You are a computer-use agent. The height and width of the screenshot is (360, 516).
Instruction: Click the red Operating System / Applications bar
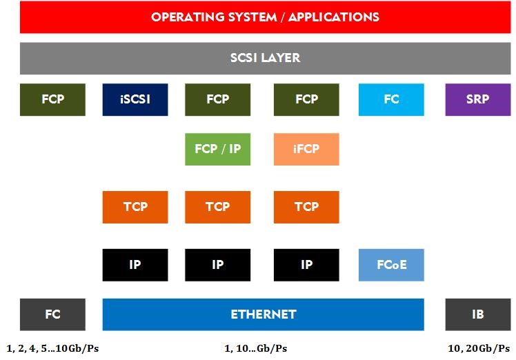pyautogui.click(x=265, y=17)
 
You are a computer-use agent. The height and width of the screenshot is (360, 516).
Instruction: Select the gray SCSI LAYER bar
pyautogui.click(x=265, y=58)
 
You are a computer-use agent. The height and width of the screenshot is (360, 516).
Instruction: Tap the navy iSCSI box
pyautogui.click(x=135, y=100)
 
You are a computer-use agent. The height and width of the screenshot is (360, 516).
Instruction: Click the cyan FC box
pyautogui.click(x=391, y=100)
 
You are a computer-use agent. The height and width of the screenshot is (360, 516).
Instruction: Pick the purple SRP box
pyautogui.click(x=478, y=100)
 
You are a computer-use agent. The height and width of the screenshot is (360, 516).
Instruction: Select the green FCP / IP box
pyautogui.click(x=217, y=149)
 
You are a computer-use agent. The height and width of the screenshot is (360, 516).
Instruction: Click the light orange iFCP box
pyautogui.click(x=306, y=149)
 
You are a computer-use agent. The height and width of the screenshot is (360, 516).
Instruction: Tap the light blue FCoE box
pyautogui.click(x=391, y=265)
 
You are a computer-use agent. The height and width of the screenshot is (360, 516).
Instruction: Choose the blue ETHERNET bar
pyautogui.click(x=264, y=314)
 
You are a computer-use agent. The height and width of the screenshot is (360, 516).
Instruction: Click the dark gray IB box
pyautogui.click(x=478, y=314)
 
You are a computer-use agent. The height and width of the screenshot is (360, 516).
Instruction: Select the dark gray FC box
pyautogui.click(x=52, y=314)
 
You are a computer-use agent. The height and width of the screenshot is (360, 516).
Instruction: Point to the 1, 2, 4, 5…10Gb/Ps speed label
pyautogui.click(x=52, y=348)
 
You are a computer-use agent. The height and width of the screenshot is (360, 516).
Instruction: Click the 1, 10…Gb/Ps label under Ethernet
pyautogui.click(x=256, y=348)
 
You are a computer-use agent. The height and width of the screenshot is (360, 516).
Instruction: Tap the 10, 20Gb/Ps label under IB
pyautogui.click(x=479, y=348)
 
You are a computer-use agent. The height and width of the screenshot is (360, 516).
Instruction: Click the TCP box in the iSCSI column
pyautogui.click(x=135, y=207)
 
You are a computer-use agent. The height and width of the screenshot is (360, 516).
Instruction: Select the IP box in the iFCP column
pyautogui.click(x=306, y=265)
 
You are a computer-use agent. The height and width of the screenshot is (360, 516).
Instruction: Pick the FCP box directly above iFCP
pyautogui.click(x=306, y=100)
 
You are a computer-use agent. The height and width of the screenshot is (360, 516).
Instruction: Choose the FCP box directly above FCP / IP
pyautogui.click(x=217, y=100)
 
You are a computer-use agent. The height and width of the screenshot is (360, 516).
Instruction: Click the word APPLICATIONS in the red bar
pyautogui.click(x=334, y=17)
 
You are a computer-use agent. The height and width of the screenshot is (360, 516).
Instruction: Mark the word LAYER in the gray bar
pyautogui.click(x=282, y=58)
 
